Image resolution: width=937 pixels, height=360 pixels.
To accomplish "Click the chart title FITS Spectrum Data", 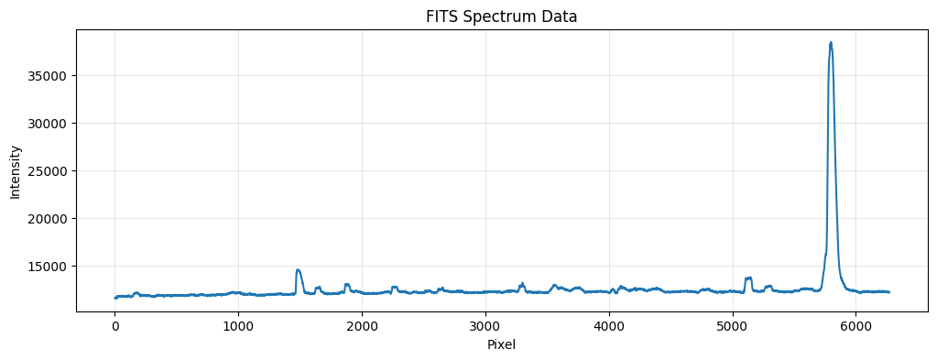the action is click(x=501, y=16).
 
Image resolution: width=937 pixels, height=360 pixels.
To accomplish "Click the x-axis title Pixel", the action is click(x=501, y=344).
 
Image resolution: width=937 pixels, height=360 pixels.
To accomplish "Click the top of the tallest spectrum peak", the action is click(x=831, y=42).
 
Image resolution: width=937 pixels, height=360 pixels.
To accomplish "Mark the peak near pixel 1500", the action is click(x=298, y=269).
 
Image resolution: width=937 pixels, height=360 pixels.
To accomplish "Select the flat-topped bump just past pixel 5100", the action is click(x=748, y=278).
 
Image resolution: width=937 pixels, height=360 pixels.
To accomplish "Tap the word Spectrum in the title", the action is click(x=508, y=17).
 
